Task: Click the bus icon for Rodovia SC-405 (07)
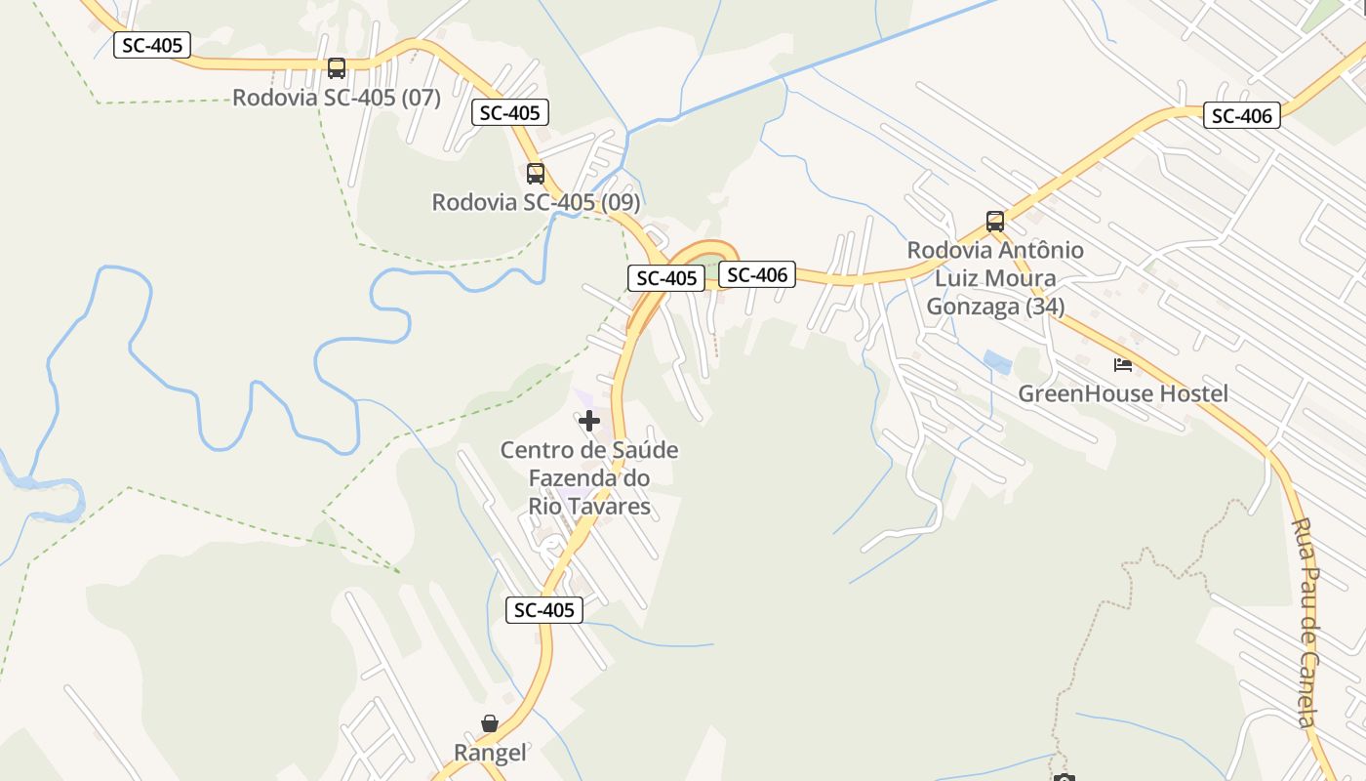pyautogui.click(x=337, y=68)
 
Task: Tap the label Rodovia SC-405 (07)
pyautogui.click(x=337, y=98)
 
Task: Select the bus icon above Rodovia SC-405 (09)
pyautogui.click(x=536, y=174)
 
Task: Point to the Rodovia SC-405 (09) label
pyautogui.click(x=536, y=202)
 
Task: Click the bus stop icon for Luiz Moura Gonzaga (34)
pyautogui.click(x=995, y=222)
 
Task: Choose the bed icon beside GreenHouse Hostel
pyautogui.click(x=1123, y=365)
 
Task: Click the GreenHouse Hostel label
pyautogui.click(x=1123, y=393)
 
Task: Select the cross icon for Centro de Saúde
pyautogui.click(x=589, y=422)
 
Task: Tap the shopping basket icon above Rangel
pyautogui.click(x=490, y=723)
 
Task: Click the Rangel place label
pyautogui.click(x=490, y=753)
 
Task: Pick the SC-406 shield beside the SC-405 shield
pyautogui.click(x=757, y=275)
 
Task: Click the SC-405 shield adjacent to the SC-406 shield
pyautogui.click(x=666, y=278)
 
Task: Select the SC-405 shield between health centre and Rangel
pyautogui.click(x=544, y=610)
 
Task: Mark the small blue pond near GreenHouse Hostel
pyautogui.click(x=997, y=362)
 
